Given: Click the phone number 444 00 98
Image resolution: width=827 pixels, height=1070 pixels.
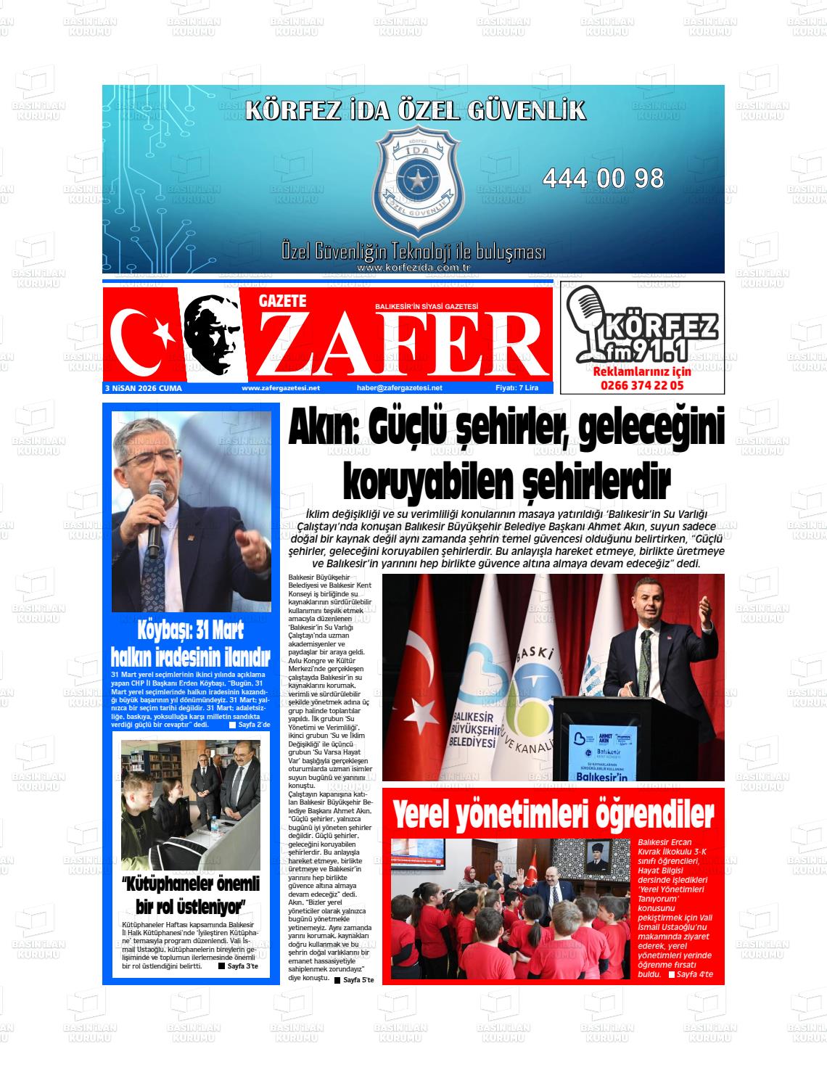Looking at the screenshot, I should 603,178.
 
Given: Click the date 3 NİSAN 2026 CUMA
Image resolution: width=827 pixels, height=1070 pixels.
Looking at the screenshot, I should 143,388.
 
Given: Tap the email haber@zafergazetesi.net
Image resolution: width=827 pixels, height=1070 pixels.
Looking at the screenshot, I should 400,388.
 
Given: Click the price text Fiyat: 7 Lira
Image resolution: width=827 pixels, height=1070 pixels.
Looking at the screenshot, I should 517,388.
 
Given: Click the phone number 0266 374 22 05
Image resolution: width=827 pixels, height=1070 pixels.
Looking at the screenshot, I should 642,385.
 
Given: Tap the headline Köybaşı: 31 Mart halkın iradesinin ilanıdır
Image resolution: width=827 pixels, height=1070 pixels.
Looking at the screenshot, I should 190,643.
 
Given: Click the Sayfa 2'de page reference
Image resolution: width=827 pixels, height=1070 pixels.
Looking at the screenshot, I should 250,725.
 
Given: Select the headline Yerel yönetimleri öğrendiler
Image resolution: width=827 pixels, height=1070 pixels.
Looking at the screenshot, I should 553,815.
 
